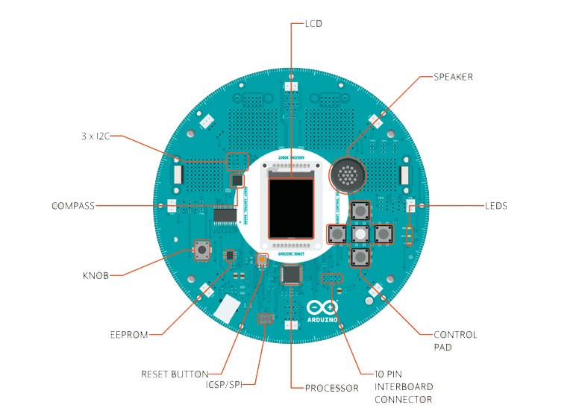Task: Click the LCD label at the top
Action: pos(313,23)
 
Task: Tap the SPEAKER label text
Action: pos(453,77)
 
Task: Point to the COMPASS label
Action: pos(73,206)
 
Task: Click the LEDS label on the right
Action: pos(495,206)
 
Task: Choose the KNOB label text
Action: pos(96,275)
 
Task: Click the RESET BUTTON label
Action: pos(175,373)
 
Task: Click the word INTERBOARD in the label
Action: pos(404,387)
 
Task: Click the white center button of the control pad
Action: pos(360,233)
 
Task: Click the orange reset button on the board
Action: pos(262,260)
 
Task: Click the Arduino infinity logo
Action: pos(322,307)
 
